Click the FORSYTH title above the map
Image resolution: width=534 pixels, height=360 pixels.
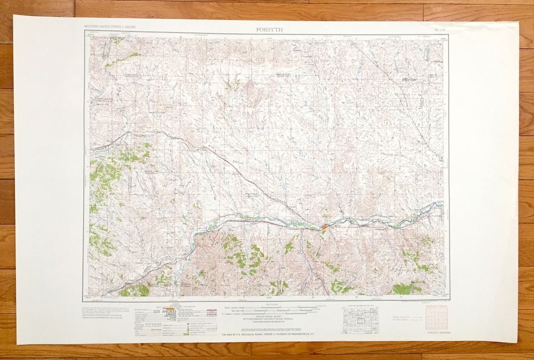pos(269,29)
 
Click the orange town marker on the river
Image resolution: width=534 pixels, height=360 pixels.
pos(324,227)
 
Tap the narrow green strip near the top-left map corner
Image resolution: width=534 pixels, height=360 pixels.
pos(121,59)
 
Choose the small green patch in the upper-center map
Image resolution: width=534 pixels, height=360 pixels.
pos(232,85)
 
